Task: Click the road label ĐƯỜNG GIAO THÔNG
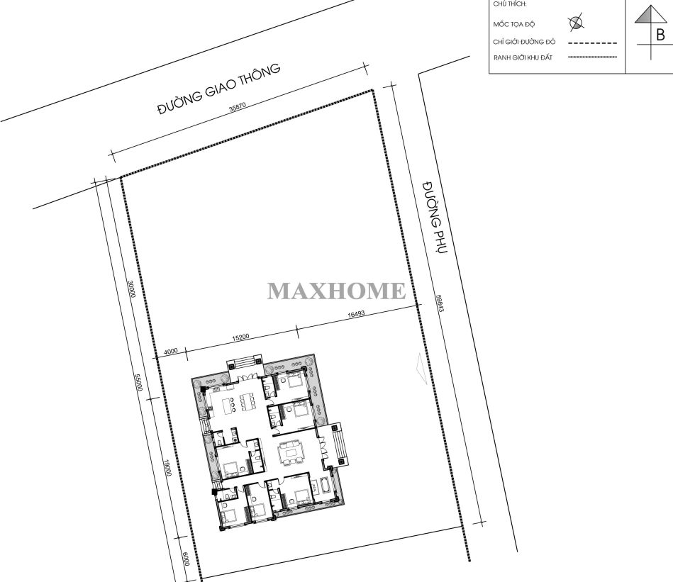[219, 89]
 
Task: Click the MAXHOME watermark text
[336, 291]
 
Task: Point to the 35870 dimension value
[238, 107]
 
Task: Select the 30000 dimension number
[132, 289]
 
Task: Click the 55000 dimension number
[138, 383]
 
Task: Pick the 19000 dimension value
[168, 468]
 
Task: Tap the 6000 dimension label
[186, 559]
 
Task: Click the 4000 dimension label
[171, 352]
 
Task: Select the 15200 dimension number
[240, 337]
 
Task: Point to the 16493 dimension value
[356, 314]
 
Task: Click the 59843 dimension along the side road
[439, 303]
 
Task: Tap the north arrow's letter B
[660, 35]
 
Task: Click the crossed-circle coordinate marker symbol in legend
[576, 23]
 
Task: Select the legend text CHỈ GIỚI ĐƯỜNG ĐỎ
[524, 42]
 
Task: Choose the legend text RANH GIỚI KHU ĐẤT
[523, 57]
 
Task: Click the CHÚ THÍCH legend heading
[510, 4]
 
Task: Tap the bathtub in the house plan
[326, 486]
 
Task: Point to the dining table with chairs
[247, 401]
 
